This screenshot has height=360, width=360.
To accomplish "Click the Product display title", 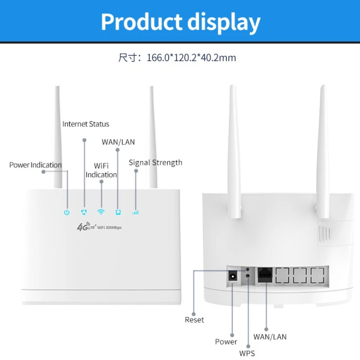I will [180, 22].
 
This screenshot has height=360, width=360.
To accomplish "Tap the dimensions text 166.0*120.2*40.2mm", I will [191, 58].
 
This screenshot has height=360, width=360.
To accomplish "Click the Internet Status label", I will [85, 124].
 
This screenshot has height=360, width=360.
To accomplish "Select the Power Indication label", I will [36, 165].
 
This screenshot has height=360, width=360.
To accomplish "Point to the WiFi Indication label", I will [101, 170].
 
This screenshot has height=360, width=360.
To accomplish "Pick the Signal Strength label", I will [155, 162].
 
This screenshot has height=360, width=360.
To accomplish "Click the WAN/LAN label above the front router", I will [118, 142].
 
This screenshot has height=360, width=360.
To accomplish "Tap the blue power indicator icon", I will [67, 212].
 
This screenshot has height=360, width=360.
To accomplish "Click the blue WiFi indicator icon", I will [101, 211].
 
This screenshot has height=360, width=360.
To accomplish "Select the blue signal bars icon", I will [135, 212].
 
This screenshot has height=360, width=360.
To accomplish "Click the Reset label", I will [194, 320].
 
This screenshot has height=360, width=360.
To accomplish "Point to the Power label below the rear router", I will [226, 342].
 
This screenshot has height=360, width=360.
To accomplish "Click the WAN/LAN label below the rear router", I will [270, 337].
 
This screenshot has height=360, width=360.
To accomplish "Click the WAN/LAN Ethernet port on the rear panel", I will [264, 274].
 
